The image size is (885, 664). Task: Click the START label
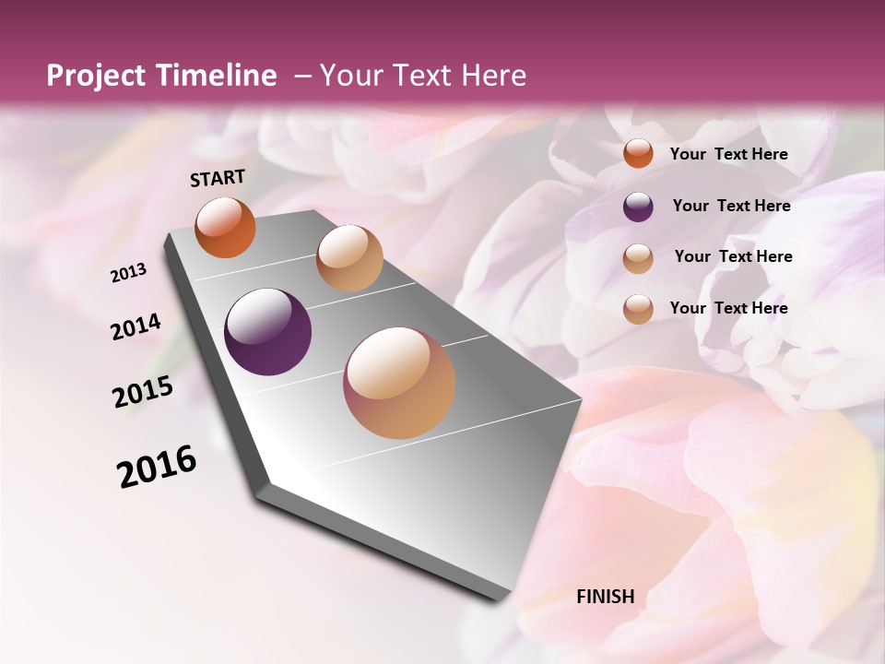click(x=218, y=178)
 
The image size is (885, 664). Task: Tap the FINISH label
click(x=606, y=597)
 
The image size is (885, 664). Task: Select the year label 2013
click(x=129, y=273)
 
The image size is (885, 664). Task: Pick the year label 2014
click(x=136, y=327)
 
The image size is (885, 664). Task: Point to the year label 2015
click(x=143, y=392)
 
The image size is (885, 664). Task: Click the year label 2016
click(x=157, y=466)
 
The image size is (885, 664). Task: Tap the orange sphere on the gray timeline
click(x=225, y=227)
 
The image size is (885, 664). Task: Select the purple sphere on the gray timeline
click(x=267, y=332)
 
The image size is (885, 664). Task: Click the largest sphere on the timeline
click(x=399, y=383)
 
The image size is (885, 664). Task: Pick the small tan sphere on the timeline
click(x=348, y=258)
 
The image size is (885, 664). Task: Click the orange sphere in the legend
click(x=638, y=154)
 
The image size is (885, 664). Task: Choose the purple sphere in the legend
click(x=638, y=207)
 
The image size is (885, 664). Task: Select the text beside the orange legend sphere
click(x=728, y=155)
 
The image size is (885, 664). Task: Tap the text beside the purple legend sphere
click(x=731, y=206)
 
